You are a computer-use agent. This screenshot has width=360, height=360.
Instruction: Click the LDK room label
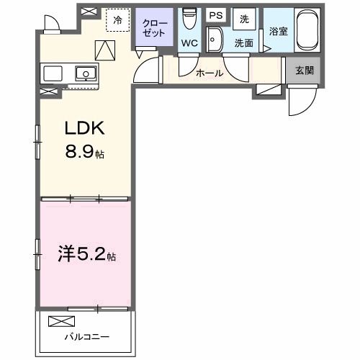[86, 129]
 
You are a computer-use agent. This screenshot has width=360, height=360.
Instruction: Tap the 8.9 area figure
[82, 153]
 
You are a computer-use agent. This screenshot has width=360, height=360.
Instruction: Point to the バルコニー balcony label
[86, 336]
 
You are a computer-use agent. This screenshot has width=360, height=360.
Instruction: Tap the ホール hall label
[208, 73]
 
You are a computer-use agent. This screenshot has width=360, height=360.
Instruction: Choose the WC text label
[189, 43]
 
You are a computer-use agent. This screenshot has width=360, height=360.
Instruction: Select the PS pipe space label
[215, 16]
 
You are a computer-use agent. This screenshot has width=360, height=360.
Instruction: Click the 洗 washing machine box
[243, 17]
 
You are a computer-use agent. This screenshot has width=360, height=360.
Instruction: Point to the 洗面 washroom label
[243, 43]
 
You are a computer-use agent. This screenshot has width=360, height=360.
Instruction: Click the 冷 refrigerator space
[117, 19]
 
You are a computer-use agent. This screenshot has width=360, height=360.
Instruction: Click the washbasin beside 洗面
[214, 41]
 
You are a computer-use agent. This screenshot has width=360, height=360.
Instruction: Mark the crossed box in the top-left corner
[90, 12]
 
